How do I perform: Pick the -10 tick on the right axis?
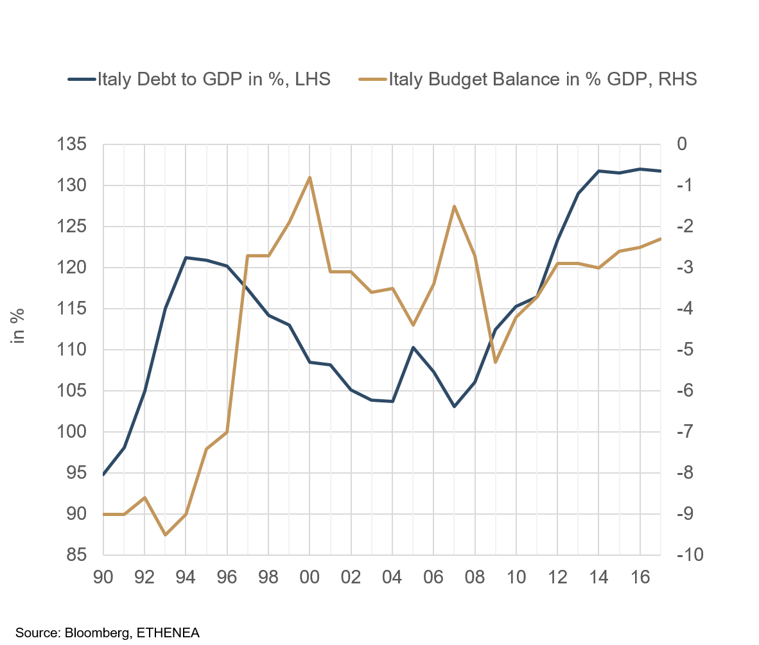point(688,555)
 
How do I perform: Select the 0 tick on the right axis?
point(683,144)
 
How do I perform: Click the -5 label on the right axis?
point(685,350)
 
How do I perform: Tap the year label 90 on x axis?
point(103,577)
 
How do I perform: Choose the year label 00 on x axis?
point(310,577)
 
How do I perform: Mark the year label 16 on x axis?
point(640,577)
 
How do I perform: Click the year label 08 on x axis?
point(475,577)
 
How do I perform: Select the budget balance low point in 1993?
point(166,535)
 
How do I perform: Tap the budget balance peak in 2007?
point(454,206)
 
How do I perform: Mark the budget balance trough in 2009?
point(495,363)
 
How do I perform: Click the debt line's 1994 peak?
point(186,257)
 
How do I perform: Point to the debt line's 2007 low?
point(454,407)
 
